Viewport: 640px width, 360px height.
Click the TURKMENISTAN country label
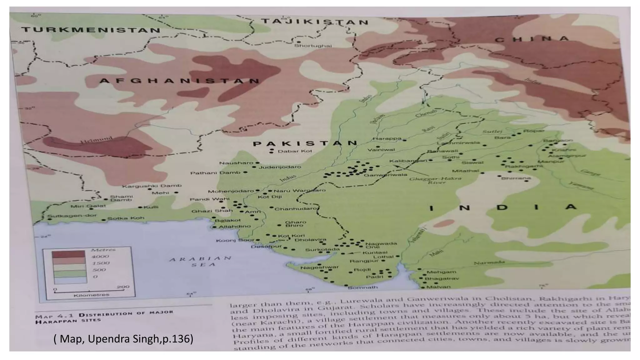coord(91,30)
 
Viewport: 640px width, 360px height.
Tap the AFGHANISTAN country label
coord(179,81)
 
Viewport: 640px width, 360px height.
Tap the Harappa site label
coord(387,138)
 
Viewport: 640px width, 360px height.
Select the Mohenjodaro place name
coord(231,191)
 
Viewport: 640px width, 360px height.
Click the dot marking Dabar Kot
coord(271,152)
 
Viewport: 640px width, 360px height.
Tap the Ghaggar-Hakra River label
coord(435,180)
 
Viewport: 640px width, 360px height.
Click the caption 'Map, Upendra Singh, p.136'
coord(124,339)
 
